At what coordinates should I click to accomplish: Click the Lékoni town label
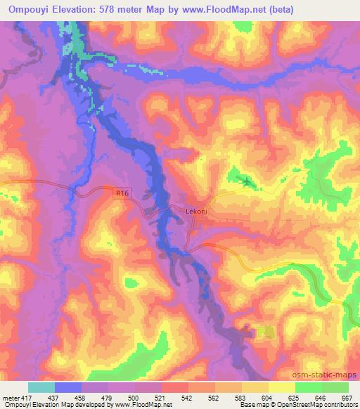(195, 210)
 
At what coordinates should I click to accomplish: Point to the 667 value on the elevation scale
(345, 398)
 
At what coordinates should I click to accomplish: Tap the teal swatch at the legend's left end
(41, 387)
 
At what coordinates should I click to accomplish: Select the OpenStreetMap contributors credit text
(323, 405)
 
